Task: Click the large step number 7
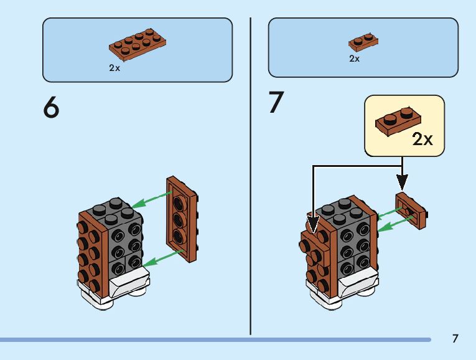[x=276, y=103]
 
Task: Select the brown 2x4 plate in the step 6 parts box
[x=138, y=46]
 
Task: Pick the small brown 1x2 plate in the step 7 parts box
[x=364, y=43]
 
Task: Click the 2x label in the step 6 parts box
[x=114, y=68]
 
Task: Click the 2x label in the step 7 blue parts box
[x=354, y=59]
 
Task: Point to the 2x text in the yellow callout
[x=422, y=139]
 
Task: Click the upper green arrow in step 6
[x=153, y=199]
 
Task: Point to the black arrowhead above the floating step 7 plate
[x=403, y=182]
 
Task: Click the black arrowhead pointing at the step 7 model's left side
[x=312, y=223]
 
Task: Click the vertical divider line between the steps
[x=251, y=174]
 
